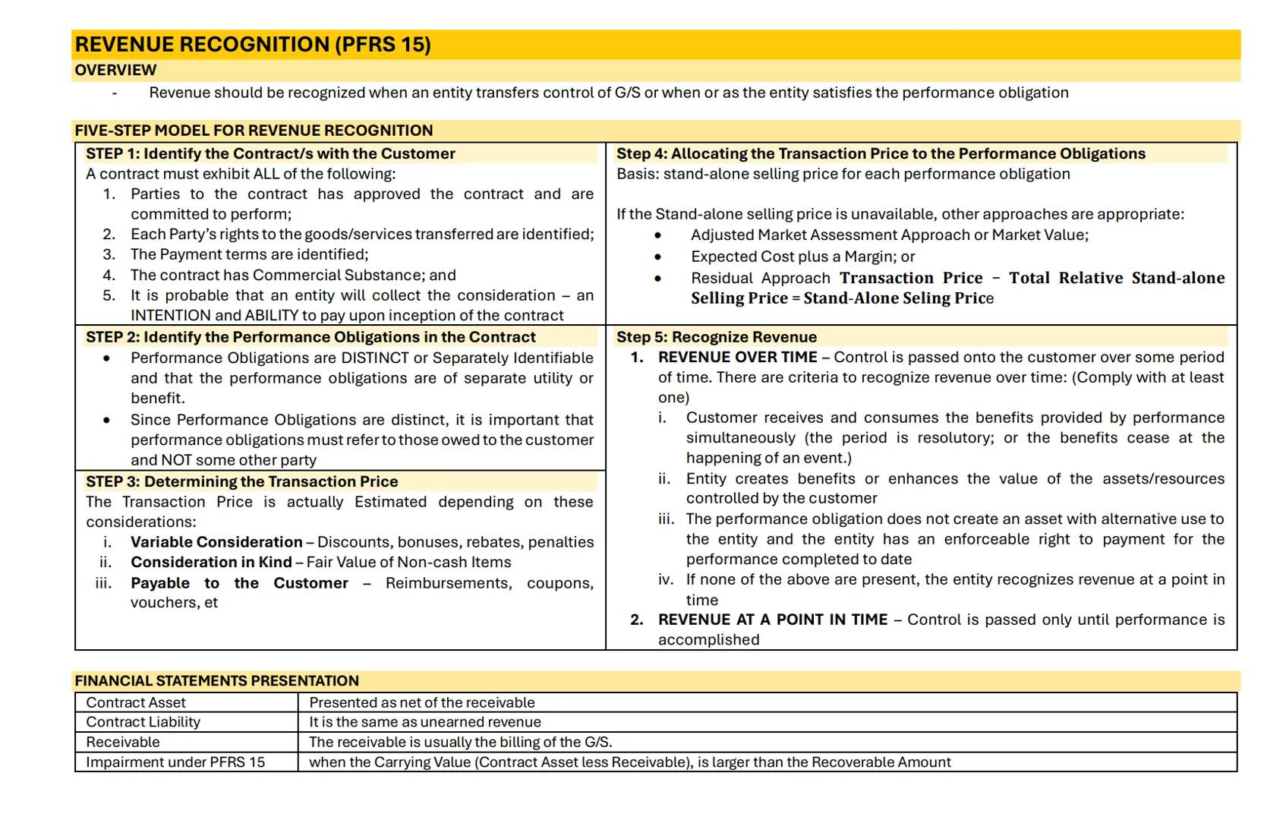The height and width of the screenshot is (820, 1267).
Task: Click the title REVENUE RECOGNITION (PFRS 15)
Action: pyautogui.click(x=253, y=45)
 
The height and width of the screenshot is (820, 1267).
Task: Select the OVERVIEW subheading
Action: pyautogui.click(x=115, y=71)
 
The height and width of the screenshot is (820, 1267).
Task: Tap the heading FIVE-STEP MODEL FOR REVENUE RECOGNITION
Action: pyautogui.click(x=254, y=131)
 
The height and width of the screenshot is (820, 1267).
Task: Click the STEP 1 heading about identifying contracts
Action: pyautogui.click(x=270, y=154)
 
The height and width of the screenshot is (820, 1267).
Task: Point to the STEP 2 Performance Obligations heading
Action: pyautogui.click(x=310, y=337)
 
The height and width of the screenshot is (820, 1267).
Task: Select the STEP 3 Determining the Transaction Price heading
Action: pyautogui.click(x=241, y=482)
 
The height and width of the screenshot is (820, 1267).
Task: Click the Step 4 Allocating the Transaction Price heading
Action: pyautogui.click(x=881, y=154)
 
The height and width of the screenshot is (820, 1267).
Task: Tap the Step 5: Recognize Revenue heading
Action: pyautogui.click(x=717, y=337)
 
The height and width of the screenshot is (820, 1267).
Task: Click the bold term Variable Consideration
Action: pyautogui.click(x=216, y=542)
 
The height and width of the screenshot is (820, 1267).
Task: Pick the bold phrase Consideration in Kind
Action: pyautogui.click(x=211, y=563)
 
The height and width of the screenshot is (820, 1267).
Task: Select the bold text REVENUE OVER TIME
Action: pyautogui.click(x=737, y=358)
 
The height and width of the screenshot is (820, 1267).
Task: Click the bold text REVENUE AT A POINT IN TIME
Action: pyautogui.click(x=772, y=620)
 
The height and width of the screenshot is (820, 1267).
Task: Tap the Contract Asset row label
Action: pyautogui.click(x=136, y=703)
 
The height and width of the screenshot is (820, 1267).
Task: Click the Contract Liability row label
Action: pyautogui.click(x=143, y=723)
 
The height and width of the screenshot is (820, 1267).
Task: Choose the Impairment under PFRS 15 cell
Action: pyautogui.click(x=175, y=762)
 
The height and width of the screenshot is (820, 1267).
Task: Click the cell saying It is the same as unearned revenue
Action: pyautogui.click(x=425, y=723)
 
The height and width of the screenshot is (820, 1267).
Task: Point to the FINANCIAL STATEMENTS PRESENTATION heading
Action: pyautogui.click(x=216, y=681)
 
